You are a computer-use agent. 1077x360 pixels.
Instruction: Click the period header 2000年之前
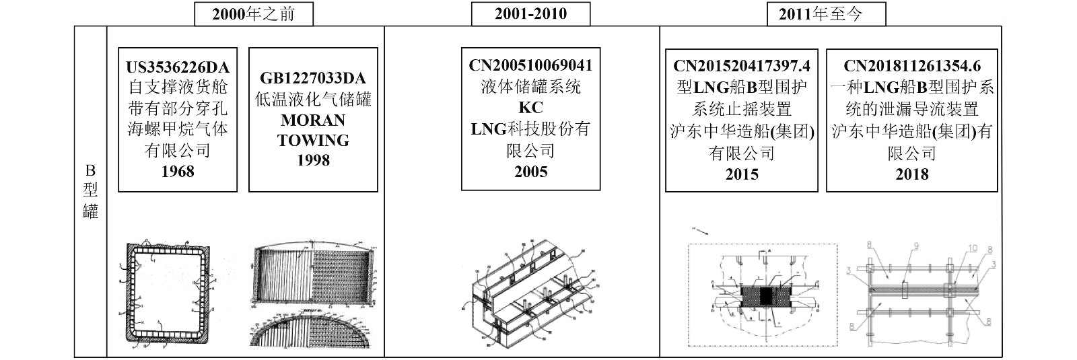point(253,14)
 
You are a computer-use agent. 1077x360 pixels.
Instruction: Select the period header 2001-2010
point(530,14)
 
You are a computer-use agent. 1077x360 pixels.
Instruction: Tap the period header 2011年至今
point(826,14)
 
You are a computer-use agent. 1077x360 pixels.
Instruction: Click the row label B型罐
point(90,191)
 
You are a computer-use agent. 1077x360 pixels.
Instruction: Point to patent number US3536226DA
point(178,67)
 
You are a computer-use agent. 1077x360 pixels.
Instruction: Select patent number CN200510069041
point(530,65)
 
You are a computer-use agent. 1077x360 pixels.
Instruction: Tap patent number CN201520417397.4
point(742,65)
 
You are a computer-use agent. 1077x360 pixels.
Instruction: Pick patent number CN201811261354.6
point(912,65)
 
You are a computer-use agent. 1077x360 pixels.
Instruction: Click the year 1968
point(178,172)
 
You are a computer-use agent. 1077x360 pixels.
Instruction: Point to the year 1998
point(312,160)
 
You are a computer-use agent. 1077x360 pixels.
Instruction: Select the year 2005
point(530,172)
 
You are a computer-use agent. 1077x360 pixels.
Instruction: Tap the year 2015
point(742,174)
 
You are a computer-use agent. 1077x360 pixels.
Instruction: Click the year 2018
point(912,174)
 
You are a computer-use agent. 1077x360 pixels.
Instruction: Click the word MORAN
point(312,120)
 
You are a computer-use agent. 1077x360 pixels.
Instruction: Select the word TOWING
point(312,141)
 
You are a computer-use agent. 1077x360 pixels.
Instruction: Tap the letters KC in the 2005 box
point(530,108)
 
